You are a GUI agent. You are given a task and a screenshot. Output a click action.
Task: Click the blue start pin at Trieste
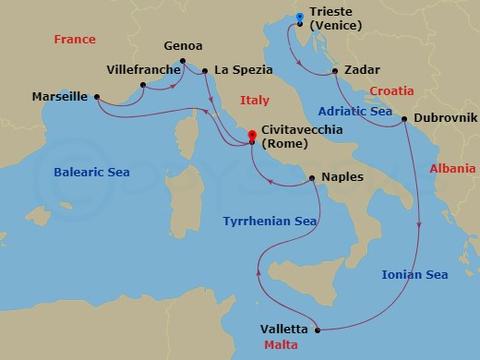tap(298, 18)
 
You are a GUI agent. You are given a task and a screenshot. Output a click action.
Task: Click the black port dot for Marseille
tap(96, 96)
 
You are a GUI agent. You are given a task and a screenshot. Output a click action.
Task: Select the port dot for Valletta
tap(317, 330)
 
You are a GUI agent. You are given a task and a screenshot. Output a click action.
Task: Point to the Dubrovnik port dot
tap(405, 120)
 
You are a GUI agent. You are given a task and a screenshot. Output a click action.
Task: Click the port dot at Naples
tap(312, 177)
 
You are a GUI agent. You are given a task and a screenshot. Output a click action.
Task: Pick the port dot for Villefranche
tap(142, 86)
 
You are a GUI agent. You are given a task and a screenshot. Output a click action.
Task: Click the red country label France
tap(76, 40)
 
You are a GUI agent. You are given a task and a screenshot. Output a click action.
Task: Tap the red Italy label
tap(254, 100)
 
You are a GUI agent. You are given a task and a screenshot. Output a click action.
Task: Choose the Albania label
tap(452, 169)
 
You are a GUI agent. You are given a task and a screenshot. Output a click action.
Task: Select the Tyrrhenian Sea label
tap(270, 222)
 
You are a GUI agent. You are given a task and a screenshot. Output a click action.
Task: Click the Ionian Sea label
tap(414, 274)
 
